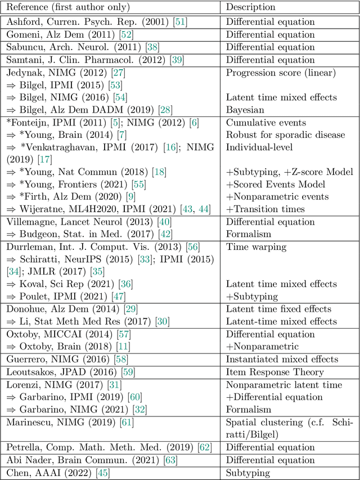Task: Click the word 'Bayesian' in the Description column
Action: [x=245, y=110]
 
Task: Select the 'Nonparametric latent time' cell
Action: [x=283, y=384]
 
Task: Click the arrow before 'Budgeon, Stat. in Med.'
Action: [x=11, y=234]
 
